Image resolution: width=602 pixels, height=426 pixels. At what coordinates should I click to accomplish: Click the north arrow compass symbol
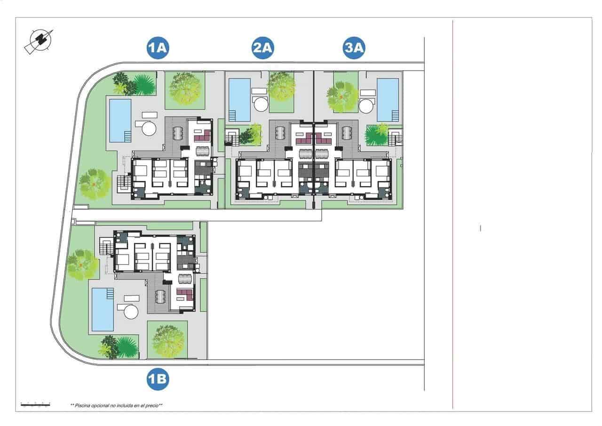pyautogui.click(x=39, y=41)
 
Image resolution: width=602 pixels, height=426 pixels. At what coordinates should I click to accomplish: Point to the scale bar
pyautogui.click(x=35, y=404)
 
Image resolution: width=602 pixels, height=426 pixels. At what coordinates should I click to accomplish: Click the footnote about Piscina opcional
pyautogui.click(x=116, y=405)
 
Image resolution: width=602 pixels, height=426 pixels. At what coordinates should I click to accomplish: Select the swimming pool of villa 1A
pyautogui.click(x=120, y=120)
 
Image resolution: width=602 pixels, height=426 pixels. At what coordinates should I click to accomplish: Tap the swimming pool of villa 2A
pyautogui.click(x=239, y=100)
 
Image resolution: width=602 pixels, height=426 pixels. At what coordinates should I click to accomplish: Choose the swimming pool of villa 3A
pyautogui.click(x=388, y=100)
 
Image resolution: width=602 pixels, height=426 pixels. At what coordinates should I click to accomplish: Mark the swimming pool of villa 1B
pyautogui.click(x=103, y=309)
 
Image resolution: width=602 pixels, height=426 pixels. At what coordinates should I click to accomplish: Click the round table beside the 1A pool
pyautogui.click(x=149, y=128)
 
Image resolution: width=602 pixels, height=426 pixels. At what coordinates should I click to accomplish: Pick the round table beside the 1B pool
pyautogui.click(x=130, y=312)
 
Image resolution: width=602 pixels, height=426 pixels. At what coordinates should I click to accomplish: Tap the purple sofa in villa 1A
pyautogui.click(x=203, y=137)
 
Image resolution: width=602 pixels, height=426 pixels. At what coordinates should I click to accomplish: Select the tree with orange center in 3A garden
pyautogui.click(x=342, y=97)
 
